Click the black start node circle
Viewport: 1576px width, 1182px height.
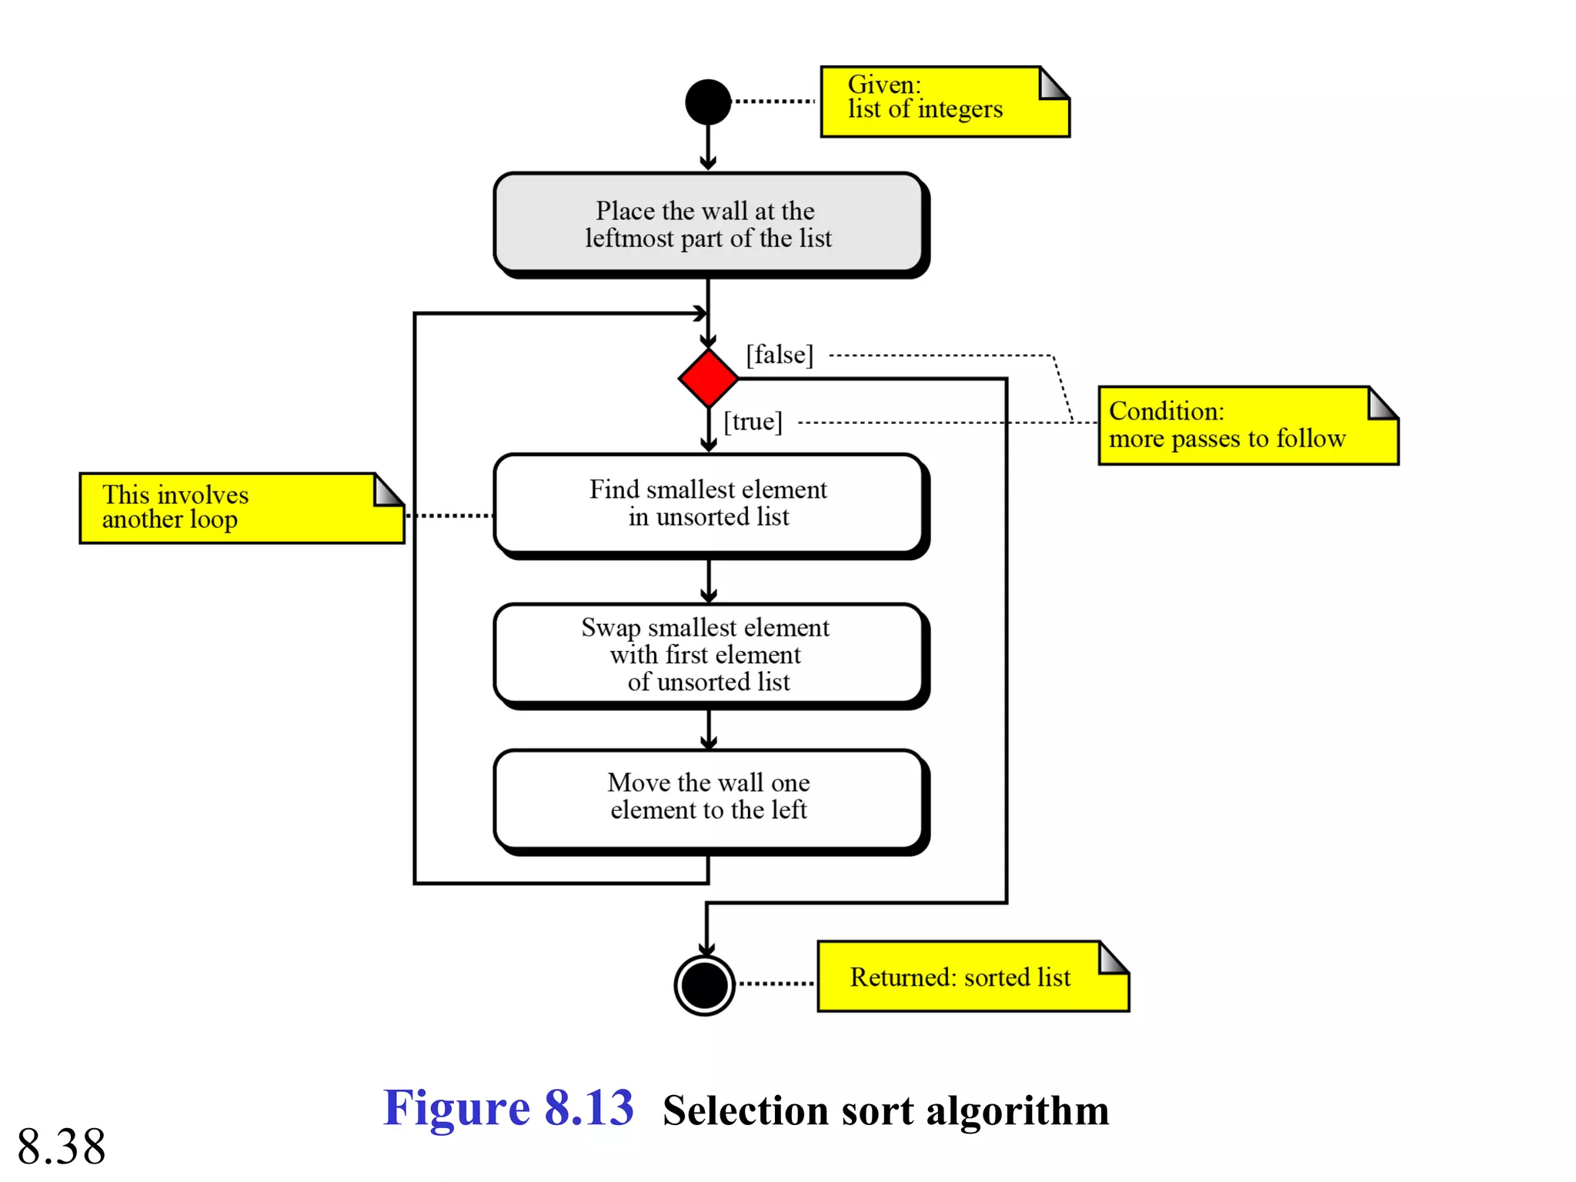pos(707,102)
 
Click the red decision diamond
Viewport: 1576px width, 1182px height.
pos(708,378)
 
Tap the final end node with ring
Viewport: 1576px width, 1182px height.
pos(705,984)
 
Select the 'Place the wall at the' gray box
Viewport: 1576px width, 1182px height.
pos(708,223)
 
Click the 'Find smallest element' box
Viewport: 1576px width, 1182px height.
pos(708,503)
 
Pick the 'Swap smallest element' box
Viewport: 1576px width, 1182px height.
pos(708,654)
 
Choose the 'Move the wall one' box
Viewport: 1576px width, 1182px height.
pos(708,797)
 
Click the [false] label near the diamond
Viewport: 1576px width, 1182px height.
pos(779,355)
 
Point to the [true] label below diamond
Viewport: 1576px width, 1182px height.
pos(753,421)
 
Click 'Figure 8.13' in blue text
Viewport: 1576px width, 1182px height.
pos(508,1108)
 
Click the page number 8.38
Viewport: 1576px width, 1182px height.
pos(62,1146)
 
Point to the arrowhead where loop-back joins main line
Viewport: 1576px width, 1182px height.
pos(700,313)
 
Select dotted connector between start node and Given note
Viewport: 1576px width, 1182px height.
pos(773,101)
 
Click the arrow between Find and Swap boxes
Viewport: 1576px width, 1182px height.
pos(708,581)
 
